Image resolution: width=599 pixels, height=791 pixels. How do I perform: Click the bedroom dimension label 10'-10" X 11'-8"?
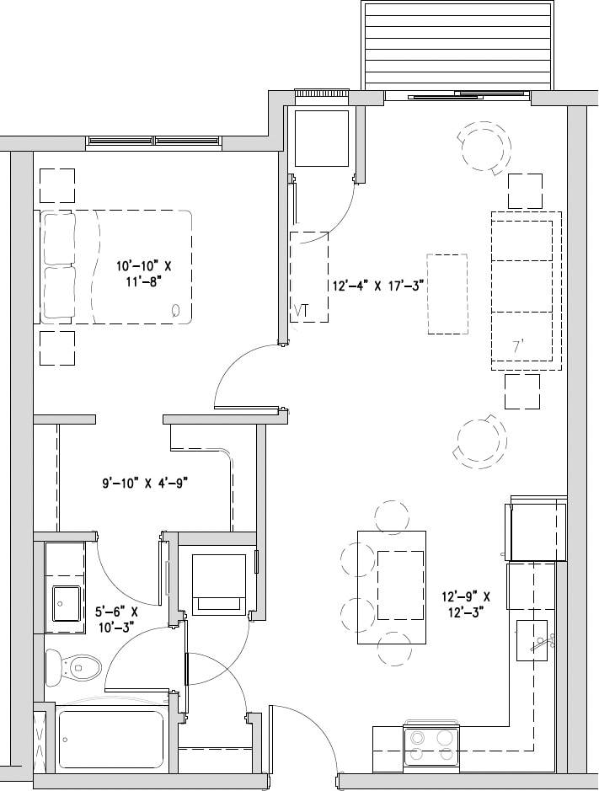[x=149, y=274]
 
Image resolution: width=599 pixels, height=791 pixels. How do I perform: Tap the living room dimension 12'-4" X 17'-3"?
[x=377, y=286]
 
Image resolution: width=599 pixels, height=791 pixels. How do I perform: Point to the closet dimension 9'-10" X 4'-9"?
[x=144, y=484]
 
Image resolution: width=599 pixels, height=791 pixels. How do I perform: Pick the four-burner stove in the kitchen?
[x=431, y=745]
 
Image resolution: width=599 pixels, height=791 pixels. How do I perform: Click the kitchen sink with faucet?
[x=532, y=641]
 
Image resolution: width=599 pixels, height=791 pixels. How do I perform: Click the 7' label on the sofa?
[x=519, y=345]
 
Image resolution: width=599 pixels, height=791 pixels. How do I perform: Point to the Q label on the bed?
[x=175, y=309]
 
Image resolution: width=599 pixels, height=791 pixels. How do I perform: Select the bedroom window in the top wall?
[x=154, y=141]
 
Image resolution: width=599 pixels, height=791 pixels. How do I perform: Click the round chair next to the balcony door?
[x=484, y=148]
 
